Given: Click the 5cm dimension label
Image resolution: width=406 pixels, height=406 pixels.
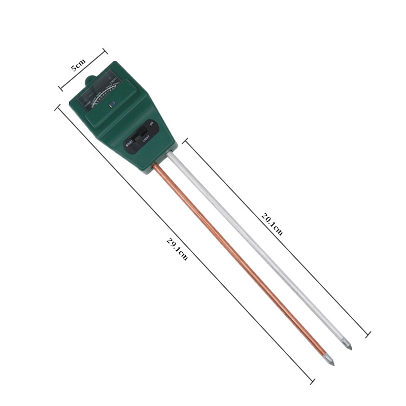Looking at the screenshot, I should (x=78, y=64).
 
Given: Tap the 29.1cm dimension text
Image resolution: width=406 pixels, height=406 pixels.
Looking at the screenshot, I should (x=177, y=249).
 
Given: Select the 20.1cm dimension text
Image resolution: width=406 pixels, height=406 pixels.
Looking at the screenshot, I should (x=272, y=224).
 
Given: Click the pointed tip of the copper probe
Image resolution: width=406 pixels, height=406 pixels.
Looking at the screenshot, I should (x=332, y=364).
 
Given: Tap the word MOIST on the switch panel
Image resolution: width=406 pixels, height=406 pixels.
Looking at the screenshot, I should (x=129, y=148).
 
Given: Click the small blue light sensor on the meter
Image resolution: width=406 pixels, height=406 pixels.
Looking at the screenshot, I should (x=112, y=105).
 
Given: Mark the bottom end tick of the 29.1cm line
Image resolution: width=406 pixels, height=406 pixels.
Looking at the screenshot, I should (x=313, y=381).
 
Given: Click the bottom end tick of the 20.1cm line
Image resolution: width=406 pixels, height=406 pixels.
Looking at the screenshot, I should (x=368, y=334).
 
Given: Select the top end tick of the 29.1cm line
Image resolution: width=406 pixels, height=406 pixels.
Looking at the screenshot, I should (x=57, y=108).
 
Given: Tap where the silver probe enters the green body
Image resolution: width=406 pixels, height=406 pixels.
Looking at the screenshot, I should (x=170, y=154).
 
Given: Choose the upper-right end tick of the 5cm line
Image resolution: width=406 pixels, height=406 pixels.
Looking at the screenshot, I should (x=105, y=50).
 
